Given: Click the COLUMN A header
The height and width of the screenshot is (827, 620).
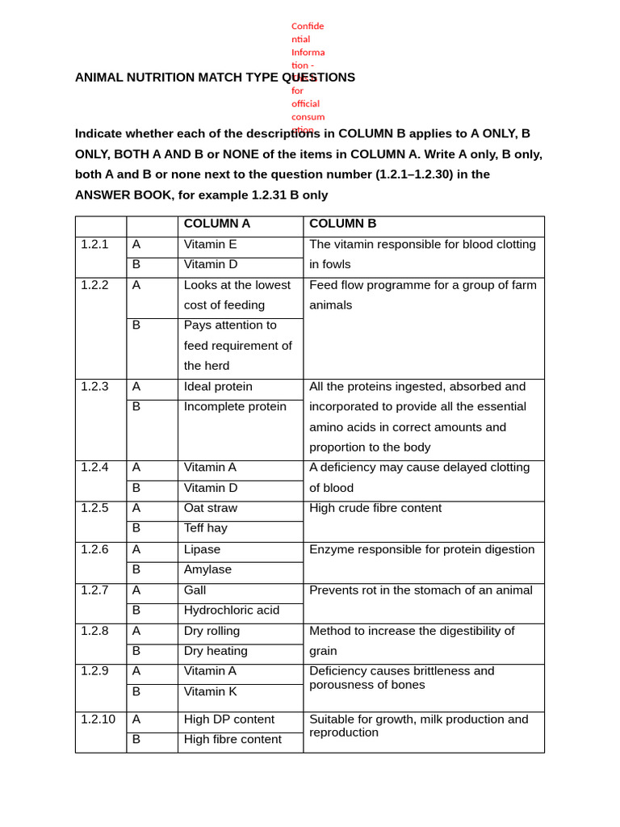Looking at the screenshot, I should pos(216,224).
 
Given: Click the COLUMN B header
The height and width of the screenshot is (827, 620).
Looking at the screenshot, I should pos(342,224).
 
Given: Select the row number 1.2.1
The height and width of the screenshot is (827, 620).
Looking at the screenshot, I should pos(94,244).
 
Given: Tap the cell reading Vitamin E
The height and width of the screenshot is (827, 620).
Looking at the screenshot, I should pos(210,244).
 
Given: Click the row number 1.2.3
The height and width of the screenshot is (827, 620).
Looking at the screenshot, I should pos(94,386).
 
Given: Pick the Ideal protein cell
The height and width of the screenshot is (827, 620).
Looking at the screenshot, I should pos(218,387).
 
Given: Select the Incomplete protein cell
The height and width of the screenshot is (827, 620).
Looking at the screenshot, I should pos(235,407).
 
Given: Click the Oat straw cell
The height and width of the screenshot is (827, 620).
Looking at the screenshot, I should pos(211,508).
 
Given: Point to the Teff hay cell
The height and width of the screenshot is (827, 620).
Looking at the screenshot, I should pos(206,528).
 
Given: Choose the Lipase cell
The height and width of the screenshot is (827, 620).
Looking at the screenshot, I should pos(202,549).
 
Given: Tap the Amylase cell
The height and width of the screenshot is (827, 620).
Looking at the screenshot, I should pos(207,569).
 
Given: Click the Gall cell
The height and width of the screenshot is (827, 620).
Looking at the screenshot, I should pos(195,590).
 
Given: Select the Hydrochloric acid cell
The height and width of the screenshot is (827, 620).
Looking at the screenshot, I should pos(232,611).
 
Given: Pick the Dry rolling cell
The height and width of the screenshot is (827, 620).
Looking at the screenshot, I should pos(212,631).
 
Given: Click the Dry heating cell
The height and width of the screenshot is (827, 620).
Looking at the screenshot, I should pos(216,651).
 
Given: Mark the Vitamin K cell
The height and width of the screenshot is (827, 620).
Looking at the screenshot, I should pos(211,692).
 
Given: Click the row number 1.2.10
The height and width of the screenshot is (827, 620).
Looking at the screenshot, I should pos(98,719).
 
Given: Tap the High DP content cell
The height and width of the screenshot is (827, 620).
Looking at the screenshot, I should pos(229,720).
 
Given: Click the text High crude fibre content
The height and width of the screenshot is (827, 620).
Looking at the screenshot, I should pos(375,508).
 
